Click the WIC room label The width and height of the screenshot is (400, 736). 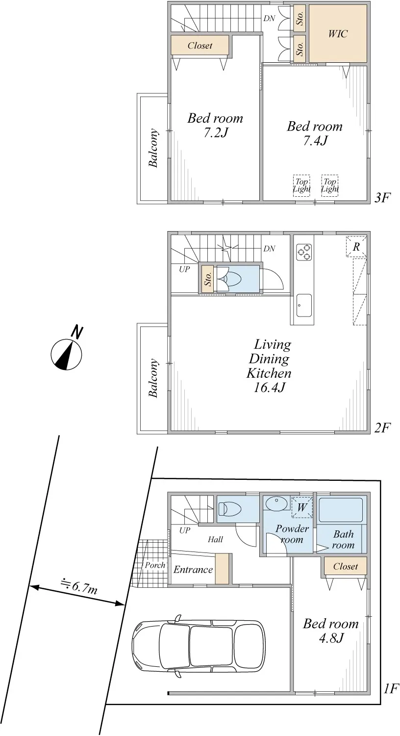click(338, 33)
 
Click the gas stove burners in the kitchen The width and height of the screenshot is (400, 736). click(304, 252)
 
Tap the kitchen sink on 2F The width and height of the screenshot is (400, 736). click(304, 306)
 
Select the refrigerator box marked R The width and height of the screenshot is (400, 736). click(356, 246)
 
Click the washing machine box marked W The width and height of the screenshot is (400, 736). click(302, 507)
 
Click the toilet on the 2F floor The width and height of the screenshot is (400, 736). click(230, 279)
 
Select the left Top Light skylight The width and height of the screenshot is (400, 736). click(301, 185)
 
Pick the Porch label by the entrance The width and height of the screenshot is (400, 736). click(155, 565)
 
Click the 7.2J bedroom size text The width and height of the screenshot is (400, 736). click(216, 133)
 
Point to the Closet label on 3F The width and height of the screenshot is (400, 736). click(200, 45)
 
